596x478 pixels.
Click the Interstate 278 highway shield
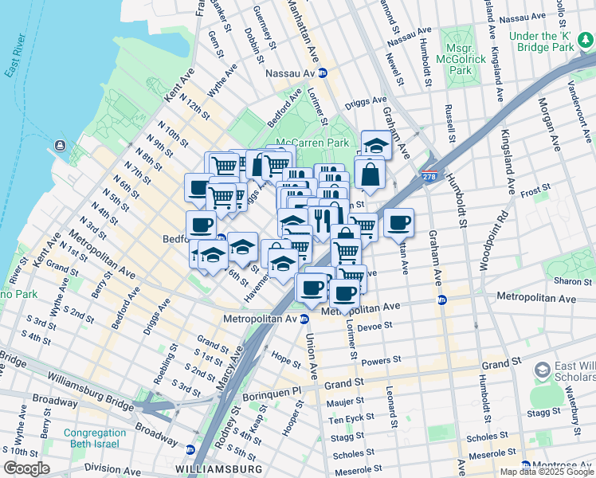pyautogui.click(x=429, y=178)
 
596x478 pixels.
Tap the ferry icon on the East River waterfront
pyautogui.click(x=60, y=147)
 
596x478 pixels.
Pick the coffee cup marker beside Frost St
pyautogui.click(x=398, y=222)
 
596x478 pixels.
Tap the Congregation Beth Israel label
pyautogui.click(x=84, y=438)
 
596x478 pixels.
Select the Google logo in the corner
pyautogui.click(x=26, y=468)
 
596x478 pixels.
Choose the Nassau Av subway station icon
pyautogui.click(x=323, y=72)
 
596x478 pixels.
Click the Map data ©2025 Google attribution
pyautogui.click(x=546, y=472)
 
